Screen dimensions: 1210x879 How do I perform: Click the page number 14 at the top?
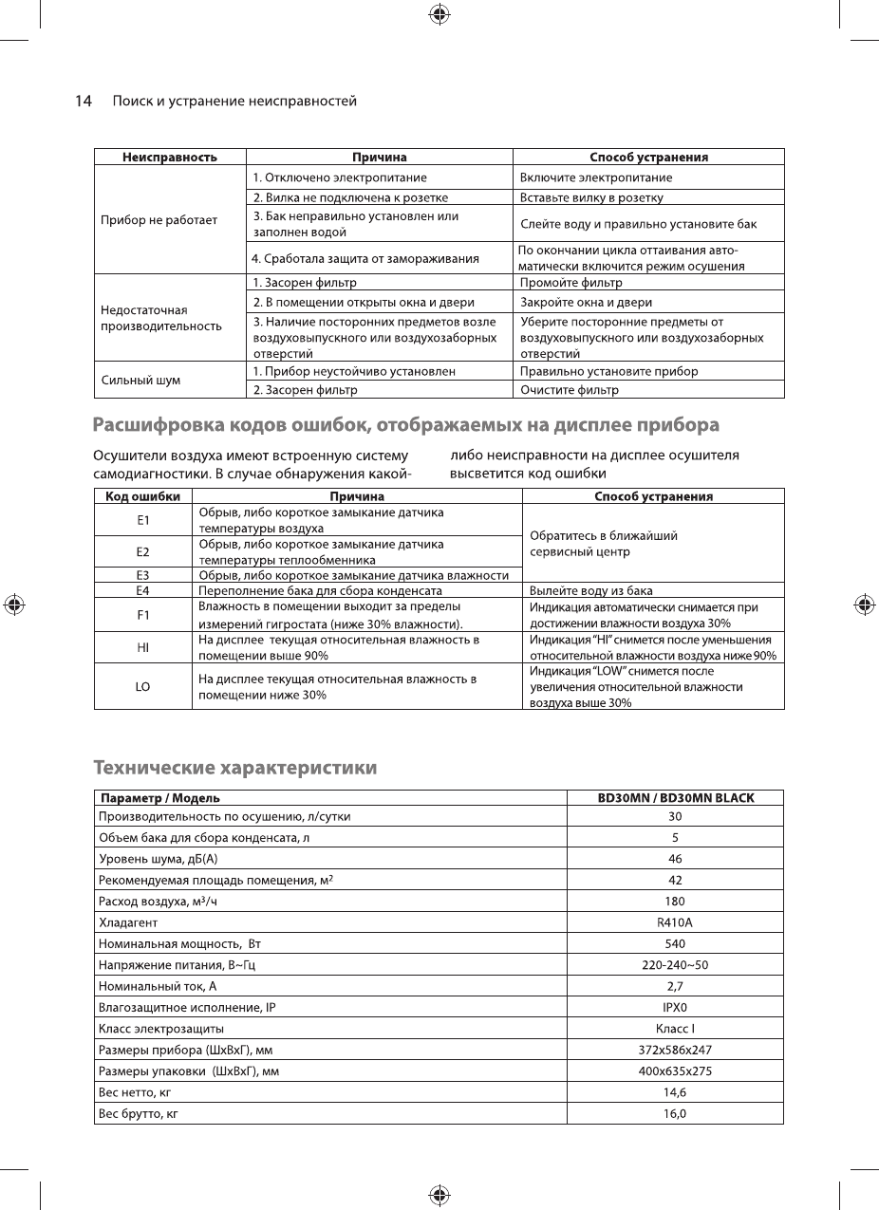coord(84,101)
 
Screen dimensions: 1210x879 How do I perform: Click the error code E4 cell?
coord(142,590)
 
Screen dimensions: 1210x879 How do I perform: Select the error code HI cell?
coord(142,647)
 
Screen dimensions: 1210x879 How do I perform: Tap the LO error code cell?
coord(142,686)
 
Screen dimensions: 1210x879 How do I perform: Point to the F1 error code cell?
coord(142,615)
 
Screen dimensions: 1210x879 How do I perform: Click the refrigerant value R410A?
coord(675,921)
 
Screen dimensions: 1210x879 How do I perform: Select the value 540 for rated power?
coord(675,944)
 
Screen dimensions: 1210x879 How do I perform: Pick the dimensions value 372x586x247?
coord(675,1050)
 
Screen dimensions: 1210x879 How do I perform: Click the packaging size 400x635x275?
coord(675,1071)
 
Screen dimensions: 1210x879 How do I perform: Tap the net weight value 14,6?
coord(675,1092)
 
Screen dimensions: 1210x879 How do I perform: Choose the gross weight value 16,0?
coord(675,1113)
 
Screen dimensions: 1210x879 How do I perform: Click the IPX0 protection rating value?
coord(675,1008)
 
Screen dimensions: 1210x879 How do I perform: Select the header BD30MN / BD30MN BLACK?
coord(675,798)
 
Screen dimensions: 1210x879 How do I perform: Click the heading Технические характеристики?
coord(234,767)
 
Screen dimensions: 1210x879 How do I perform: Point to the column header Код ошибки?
coord(142,496)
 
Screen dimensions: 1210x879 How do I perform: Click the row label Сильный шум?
coord(140,381)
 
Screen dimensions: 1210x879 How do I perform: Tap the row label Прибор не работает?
coord(159,220)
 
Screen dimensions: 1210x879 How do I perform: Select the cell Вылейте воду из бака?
coord(590,590)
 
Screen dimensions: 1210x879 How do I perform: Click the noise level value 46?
coord(675,859)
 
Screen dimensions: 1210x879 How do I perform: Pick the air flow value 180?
coord(675,901)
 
